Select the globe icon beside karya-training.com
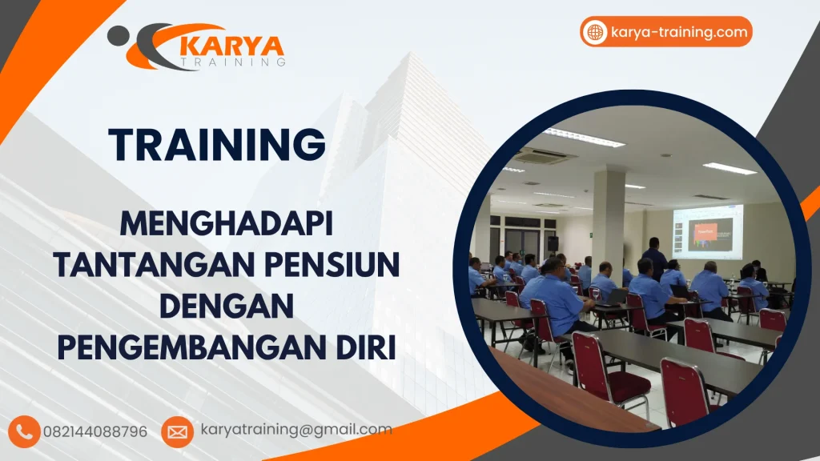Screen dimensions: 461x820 pyautogui.click(x=595, y=32)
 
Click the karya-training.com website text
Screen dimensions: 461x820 pyautogui.click(x=678, y=32)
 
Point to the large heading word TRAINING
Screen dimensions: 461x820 pyautogui.click(x=217, y=146)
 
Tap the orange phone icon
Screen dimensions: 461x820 pyautogui.click(x=26, y=431)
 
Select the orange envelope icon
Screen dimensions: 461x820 pyautogui.click(x=177, y=431)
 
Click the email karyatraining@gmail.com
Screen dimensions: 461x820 pyautogui.click(x=295, y=430)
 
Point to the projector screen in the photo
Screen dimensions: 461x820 pyautogui.click(x=708, y=230)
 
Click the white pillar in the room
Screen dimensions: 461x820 pyautogui.click(x=609, y=216)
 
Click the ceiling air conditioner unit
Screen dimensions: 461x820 pyautogui.click(x=545, y=154)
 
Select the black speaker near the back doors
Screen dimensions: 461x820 pyautogui.click(x=552, y=243)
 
